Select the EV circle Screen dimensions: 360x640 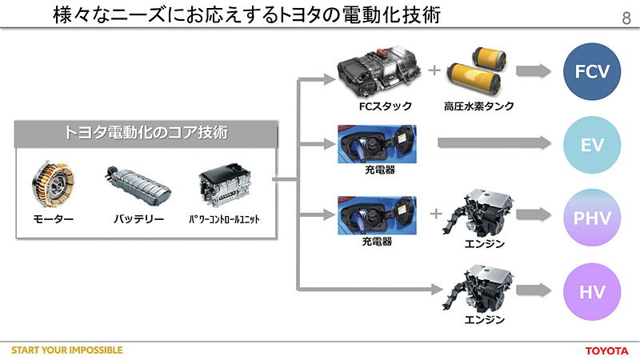pos(593,145)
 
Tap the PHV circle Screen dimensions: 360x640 pos(593,217)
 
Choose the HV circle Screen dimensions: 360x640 pos(593,290)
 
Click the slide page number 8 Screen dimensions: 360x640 pos(625,18)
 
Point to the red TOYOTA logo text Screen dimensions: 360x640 pos(607,350)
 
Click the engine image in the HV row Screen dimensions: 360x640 pos(484,289)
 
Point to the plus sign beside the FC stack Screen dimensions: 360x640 pos(434,70)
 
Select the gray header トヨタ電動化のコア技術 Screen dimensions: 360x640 pos(146,134)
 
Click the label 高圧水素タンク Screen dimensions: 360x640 pos(478,106)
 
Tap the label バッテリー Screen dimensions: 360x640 pos(138,218)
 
